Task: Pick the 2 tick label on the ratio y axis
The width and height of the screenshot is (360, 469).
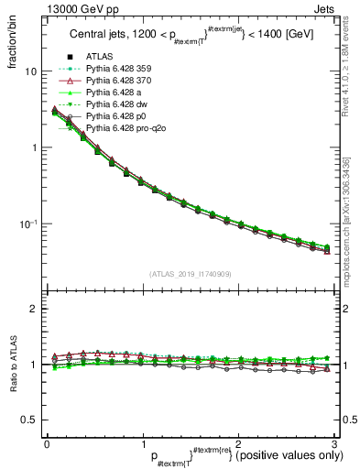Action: (x=34, y=309)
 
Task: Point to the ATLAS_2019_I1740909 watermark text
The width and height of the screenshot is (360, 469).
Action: (x=191, y=274)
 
